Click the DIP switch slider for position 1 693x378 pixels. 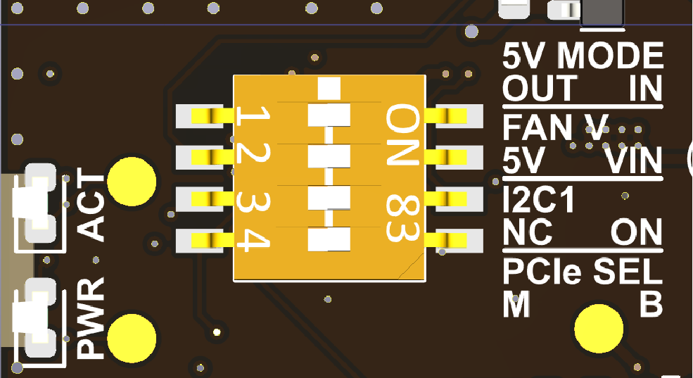(329, 115)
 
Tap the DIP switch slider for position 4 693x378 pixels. (329, 239)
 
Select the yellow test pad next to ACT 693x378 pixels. (132, 181)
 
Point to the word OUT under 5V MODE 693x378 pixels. (540, 89)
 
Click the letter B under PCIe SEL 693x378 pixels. (651, 305)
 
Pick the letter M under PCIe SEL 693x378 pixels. (517, 305)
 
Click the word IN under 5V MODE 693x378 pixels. (646, 89)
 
